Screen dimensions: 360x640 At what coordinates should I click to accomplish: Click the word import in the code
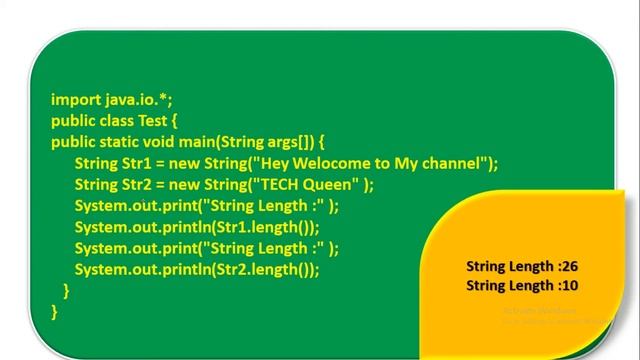click(x=76, y=99)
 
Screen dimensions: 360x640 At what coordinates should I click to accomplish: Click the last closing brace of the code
click(x=54, y=311)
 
